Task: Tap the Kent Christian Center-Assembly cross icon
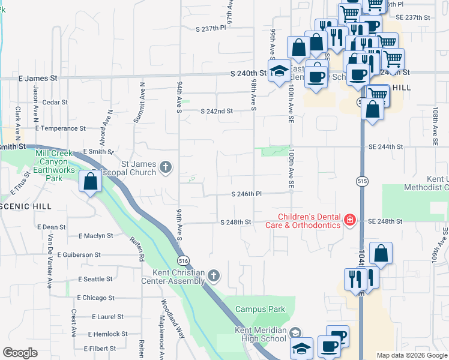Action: point(214,275)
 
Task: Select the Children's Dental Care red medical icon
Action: point(349,221)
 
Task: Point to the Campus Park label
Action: point(260,310)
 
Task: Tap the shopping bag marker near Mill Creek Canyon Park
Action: point(90,181)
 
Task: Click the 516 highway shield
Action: point(183,259)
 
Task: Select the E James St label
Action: point(38,78)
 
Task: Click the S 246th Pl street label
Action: point(247,194)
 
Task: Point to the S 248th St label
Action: point(235,222)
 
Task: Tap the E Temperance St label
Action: point(60,128)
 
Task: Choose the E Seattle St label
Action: point(95,279)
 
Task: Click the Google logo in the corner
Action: point(20,353)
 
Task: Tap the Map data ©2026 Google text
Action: point(411,355)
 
